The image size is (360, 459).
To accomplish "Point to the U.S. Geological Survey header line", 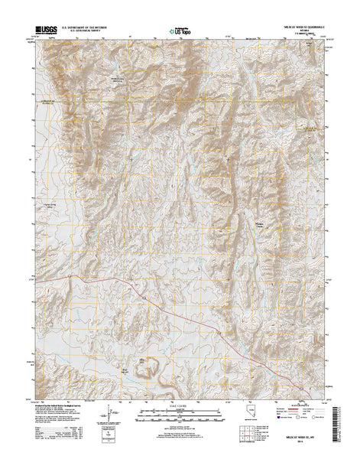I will click(86, 32).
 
